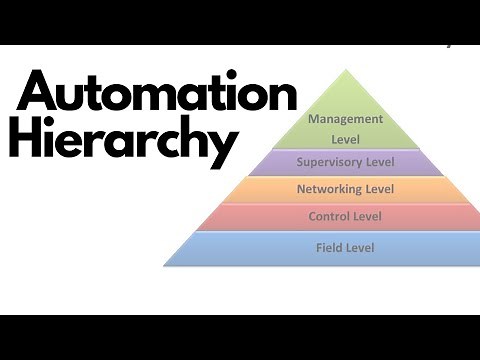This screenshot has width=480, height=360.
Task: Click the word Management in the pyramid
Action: coord(344,119)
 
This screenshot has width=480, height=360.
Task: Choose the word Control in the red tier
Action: coord(330,216)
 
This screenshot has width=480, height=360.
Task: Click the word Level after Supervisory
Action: coord(379,161)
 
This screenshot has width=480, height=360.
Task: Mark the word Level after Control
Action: coord(366,216)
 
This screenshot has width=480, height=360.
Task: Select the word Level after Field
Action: coord(358,247)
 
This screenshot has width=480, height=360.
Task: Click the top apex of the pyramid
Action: coord(344,69)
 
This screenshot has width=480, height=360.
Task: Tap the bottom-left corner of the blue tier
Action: coord(164,266)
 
